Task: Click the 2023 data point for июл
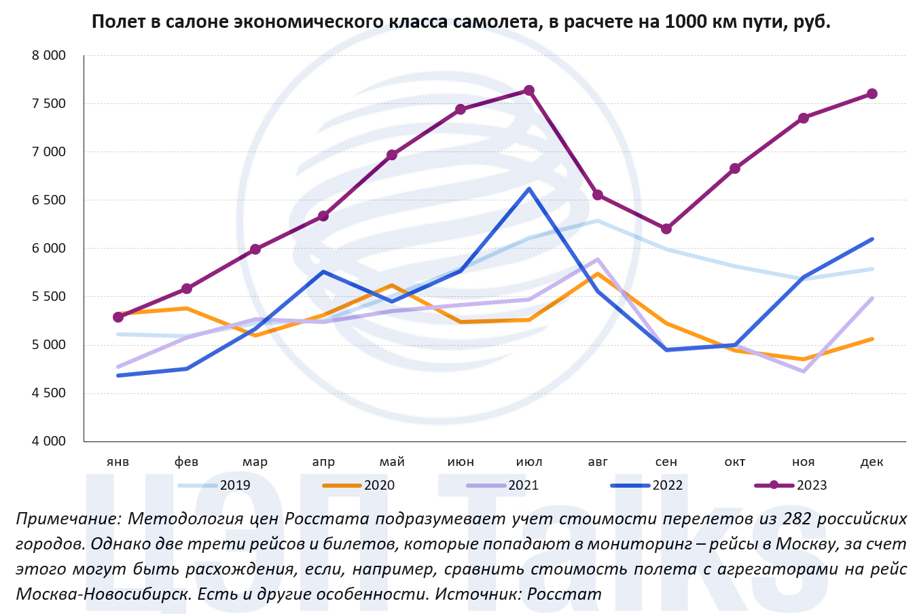(529, 91)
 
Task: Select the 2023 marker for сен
(666, 229)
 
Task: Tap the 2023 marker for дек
(872, 94)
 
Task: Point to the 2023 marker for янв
(118, 317)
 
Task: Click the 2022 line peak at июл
(529, 189)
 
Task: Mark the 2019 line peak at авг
(598, 221)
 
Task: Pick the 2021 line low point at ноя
(804, 372)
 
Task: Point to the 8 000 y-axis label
(49, 56)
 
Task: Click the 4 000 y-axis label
(49, 441)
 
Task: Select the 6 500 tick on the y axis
(49, 200)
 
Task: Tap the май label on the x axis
(392, 462)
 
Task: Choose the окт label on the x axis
(735, 462)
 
